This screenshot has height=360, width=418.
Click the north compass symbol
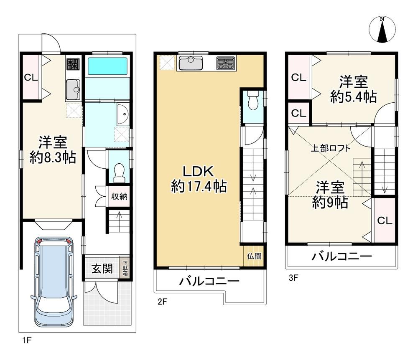[382, 29]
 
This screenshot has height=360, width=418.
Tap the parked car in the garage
[54, 282]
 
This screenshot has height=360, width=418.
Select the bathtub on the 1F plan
[107, 66]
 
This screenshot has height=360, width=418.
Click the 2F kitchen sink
[190, 63]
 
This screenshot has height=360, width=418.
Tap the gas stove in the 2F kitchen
[226, 63]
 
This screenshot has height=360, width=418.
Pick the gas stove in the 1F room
[73, 64]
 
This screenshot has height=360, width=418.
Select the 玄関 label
[102, 269]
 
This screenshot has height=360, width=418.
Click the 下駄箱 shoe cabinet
[125, 268]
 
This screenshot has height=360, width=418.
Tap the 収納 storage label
[119, 197]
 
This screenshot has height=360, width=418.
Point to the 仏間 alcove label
[254, 256]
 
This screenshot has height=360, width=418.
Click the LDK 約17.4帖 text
[199, 179]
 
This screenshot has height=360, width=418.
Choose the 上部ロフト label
[330, 148]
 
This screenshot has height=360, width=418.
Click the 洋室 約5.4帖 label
[353, 89]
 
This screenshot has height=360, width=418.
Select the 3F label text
[293, 278]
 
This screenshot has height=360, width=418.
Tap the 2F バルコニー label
[209, 281]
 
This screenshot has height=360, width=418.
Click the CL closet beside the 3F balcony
[385, 220]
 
